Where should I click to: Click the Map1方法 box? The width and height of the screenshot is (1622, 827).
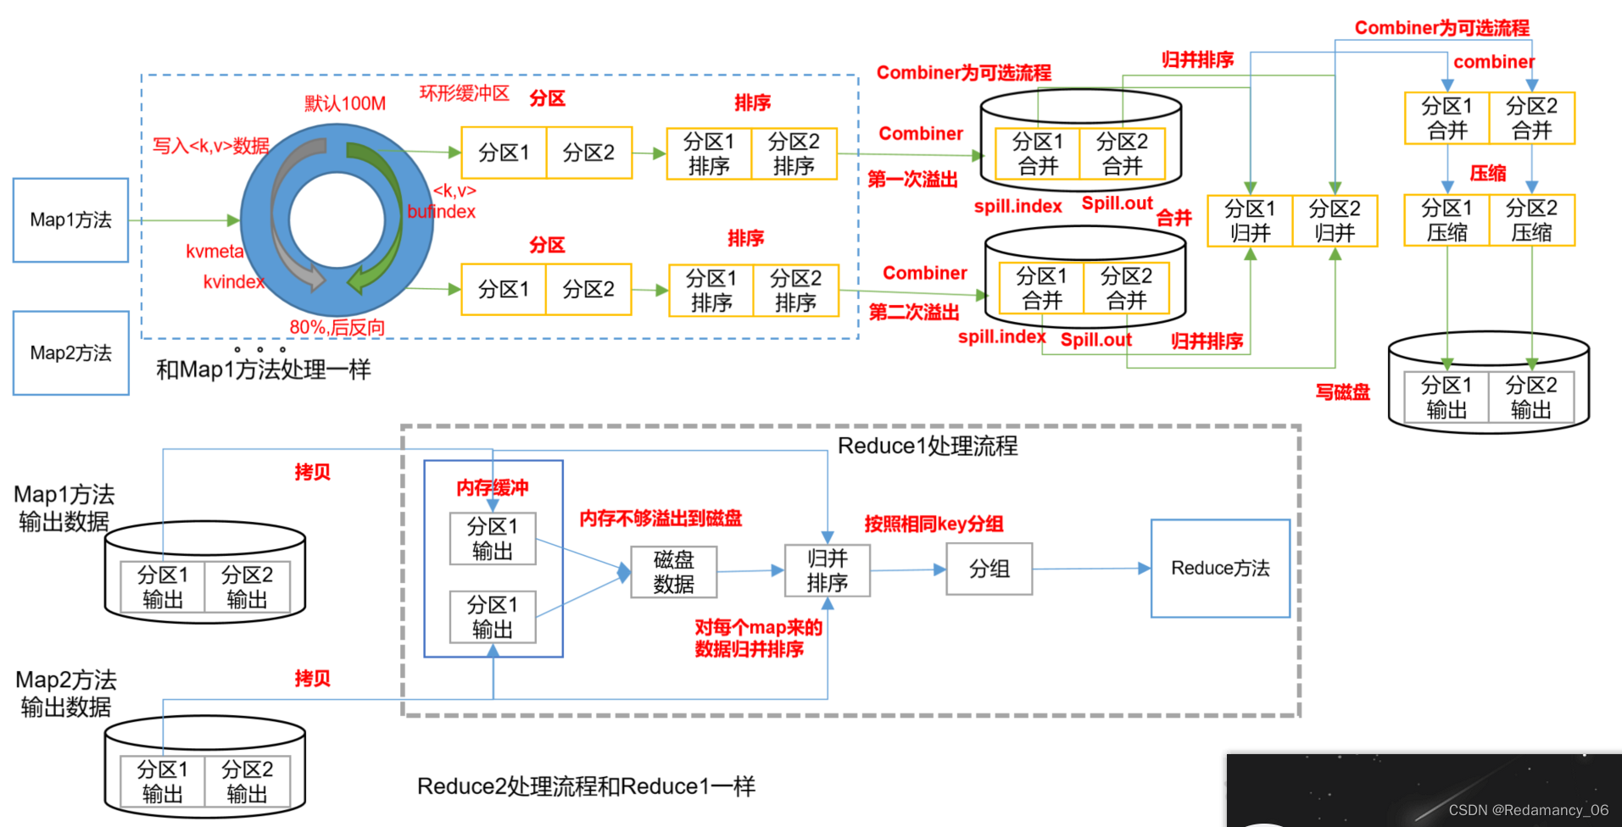[70, 220]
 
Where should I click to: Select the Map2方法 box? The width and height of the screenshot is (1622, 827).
[70, 352]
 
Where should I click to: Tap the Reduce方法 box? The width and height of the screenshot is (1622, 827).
[1220, 569]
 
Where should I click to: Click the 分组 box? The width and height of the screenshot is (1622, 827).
[989, 569]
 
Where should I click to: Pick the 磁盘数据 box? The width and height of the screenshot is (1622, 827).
[674, 572]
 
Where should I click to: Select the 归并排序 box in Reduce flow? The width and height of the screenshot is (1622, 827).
[827, 570]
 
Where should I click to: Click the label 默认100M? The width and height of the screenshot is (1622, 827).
[345, 103]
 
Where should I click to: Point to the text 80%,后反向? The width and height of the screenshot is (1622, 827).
[337, 327]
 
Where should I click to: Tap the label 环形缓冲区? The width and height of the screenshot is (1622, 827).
[465, 93]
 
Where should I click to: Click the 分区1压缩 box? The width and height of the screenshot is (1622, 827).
[1446, 220]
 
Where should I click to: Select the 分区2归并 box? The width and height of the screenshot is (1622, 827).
[1335, 221]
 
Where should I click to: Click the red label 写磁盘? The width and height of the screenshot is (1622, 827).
[1342, 392]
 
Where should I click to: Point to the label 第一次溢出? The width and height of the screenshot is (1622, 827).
[912, 180]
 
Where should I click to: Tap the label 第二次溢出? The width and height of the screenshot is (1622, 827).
[914, 313]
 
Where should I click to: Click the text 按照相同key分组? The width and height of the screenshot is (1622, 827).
[934, 524]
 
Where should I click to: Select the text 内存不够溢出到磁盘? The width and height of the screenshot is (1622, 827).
[661, 519]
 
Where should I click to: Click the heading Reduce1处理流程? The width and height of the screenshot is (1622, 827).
[928, 447]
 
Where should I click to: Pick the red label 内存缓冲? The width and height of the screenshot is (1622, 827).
[492, 488]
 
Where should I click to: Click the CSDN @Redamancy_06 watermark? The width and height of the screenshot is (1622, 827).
[1528, 810]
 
